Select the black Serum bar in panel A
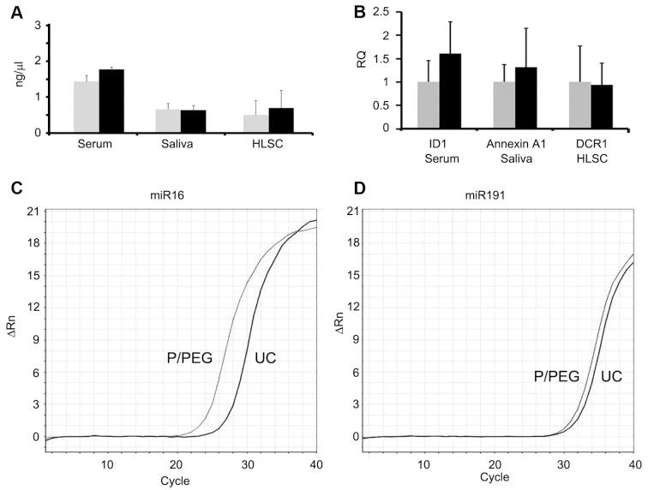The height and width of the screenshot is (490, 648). tap(111, 101)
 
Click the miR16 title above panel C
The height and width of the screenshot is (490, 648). tap(174, 195)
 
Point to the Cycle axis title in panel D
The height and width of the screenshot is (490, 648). tap(489, 477)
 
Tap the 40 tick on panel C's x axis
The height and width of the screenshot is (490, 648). tap(316, 463)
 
